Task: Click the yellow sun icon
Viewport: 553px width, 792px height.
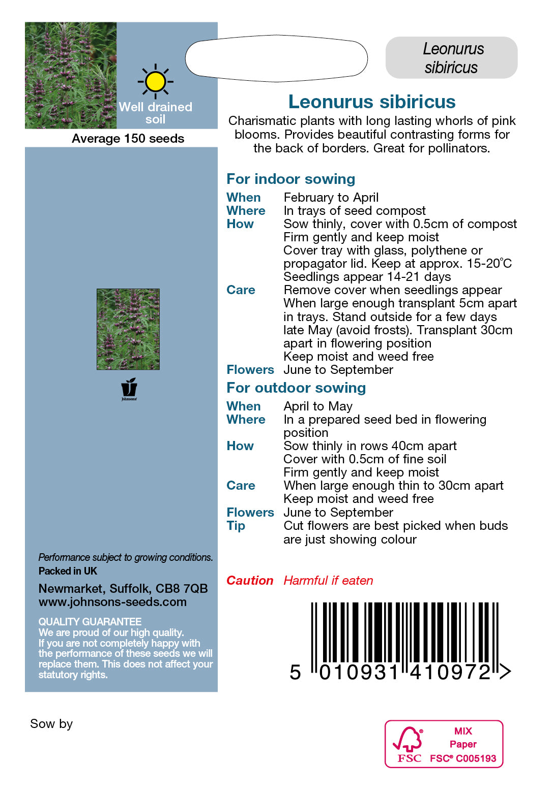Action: pos(155,82)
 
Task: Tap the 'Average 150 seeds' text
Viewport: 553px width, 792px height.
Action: pos(128,139)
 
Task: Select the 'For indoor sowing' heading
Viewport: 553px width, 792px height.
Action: pos(290,179)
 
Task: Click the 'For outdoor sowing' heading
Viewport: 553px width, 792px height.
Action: pos(296,388)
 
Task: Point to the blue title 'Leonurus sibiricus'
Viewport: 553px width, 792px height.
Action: pos(371,102)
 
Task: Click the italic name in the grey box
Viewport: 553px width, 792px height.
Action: pos(452,58)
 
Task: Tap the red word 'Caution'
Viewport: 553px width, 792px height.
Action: pos(250,581)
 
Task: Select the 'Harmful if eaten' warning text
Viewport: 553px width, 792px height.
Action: pos(328,581)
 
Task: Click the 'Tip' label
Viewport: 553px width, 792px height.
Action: pos(236,526)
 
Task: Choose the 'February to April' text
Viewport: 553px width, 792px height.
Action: pos(331,198)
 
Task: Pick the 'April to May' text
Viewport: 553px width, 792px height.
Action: pos(318,406)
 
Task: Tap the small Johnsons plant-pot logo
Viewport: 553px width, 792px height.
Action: pos(129,388)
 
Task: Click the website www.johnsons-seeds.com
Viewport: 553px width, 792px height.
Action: pos(112,602)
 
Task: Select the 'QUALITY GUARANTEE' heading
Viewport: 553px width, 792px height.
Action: pos(90,622)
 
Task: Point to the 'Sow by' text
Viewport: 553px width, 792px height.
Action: pos(51,724)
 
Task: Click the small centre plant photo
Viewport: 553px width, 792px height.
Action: pos(128,329)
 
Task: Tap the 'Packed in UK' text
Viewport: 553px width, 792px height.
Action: pos(68,571)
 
